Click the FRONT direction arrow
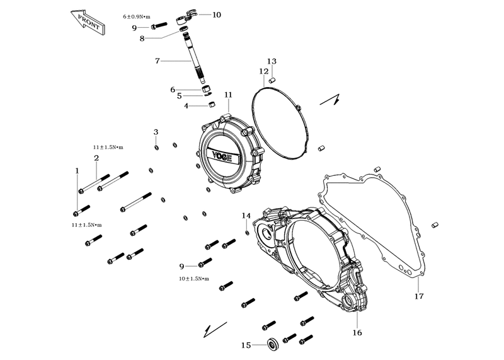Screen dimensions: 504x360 [x=88, y=23]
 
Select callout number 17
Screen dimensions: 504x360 [x=419, y=296]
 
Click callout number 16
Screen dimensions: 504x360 [x=357, y=332]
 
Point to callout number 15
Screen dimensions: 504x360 [x=246, y=345]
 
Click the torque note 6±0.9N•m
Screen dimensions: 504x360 [x=137, y=17]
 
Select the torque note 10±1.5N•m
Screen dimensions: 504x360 [x=194, y=279]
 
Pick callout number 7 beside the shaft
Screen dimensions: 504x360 [x=157, y=61]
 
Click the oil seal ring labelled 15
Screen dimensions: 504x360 [x=273, y=344]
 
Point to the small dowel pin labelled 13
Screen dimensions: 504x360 [x=272, y=80]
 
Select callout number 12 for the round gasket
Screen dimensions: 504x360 [x=263, y=71]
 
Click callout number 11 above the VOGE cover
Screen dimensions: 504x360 [x=228, y=95]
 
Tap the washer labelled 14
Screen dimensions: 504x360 [x=247, y=233]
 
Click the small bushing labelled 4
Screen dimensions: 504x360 [x=212, y=105]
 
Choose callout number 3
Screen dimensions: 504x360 [x=156, y=132]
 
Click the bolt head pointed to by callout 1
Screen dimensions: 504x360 [x=76, y=214]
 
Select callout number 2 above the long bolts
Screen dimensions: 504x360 [x=96, y=158]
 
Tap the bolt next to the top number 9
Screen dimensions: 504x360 [x=159, y=25]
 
